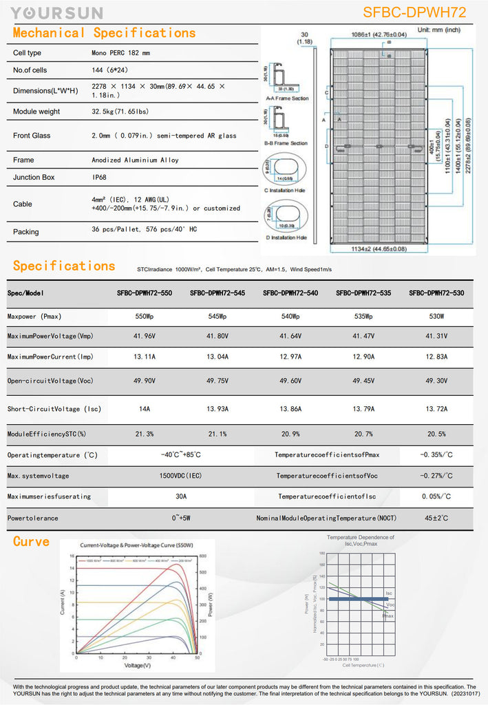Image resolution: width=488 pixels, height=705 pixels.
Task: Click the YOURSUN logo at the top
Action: (57, 13)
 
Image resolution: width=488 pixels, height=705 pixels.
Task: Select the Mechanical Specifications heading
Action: (104, 33)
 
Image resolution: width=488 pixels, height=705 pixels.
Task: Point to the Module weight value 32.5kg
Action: (120, 112)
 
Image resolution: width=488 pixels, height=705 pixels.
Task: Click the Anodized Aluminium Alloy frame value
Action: (135, 160)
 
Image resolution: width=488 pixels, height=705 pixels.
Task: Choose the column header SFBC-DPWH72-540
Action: (290, 293)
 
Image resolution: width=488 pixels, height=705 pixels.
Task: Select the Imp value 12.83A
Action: (436, 357)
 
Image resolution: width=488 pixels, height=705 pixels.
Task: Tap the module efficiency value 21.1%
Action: (217, 434)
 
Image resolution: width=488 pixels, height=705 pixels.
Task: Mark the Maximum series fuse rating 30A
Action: (180, 496)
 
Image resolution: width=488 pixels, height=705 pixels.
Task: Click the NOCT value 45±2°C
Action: (436, 518)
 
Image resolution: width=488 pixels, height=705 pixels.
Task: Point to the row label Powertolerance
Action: (33, 518)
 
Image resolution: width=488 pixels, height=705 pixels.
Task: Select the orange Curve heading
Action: (31, 542)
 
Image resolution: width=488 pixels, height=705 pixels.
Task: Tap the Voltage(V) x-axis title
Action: (138, 665)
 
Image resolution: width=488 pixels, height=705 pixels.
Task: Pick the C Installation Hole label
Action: (286, 190)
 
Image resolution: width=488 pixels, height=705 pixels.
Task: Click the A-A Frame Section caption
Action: (287, 98)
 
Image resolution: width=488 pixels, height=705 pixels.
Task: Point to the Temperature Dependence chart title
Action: (360, 537)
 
